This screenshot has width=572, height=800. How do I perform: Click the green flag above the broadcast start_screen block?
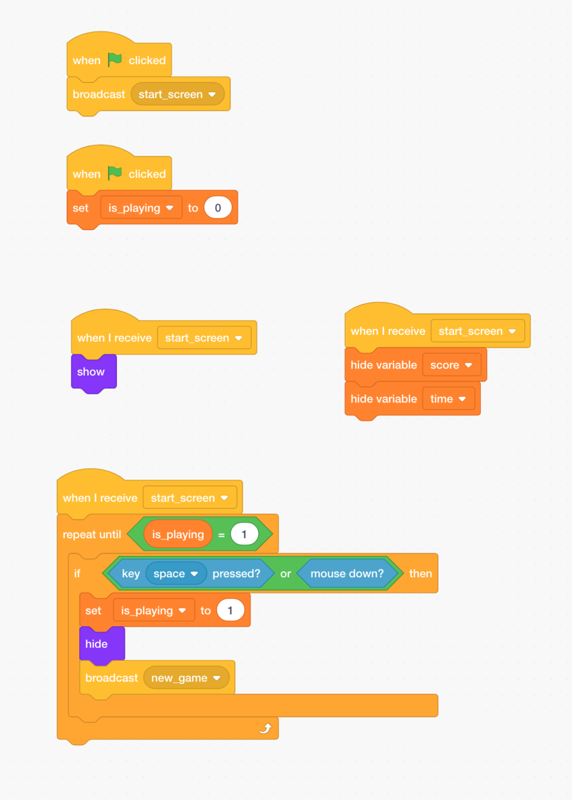[114, 59]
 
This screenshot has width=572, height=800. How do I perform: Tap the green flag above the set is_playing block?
[114, 173]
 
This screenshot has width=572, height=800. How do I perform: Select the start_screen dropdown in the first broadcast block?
[177, 94]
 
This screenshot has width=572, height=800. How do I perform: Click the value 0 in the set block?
[218, 208]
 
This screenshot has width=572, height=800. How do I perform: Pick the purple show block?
[91, 372]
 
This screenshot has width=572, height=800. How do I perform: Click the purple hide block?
[97, 644]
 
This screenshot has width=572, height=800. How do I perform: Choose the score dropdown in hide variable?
[451, 365]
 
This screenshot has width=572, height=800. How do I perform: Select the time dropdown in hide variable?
[448, 399]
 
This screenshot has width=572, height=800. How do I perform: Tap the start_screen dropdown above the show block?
[203, 338]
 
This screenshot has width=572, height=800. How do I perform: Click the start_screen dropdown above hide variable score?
[477, 331]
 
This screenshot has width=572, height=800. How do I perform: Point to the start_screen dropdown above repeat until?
[189, 498]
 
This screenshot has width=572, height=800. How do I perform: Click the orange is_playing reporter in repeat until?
[177, 535]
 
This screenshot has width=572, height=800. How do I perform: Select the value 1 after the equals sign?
[244, 535]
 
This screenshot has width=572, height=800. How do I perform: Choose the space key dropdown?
[175, 574]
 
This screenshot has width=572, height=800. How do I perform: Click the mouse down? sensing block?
[347, 574]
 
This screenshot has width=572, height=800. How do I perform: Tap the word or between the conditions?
[286, 574]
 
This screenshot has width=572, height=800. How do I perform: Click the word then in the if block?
[420, 574]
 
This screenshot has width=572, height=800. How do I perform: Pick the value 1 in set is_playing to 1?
[230, 610]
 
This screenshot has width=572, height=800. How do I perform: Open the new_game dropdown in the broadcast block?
[186, 678]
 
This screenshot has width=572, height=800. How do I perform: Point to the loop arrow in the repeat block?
[266, 728]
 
